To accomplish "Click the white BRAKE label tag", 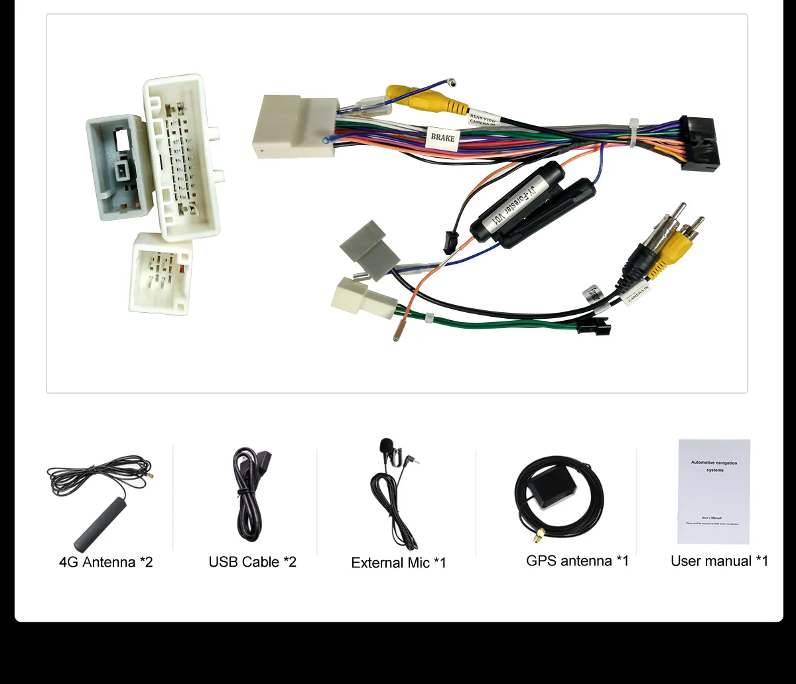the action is tap(442, 138).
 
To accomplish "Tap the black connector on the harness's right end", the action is tap(700, 144).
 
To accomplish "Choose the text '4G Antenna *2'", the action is tap(106, 562).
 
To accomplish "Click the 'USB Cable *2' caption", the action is tap(252, 562).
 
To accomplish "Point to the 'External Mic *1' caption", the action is tap(399, 563).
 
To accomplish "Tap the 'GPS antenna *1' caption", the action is tap(577, 561).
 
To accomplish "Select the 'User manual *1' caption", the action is tap(719, 561).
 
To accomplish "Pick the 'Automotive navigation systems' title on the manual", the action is tap(714, 466).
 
